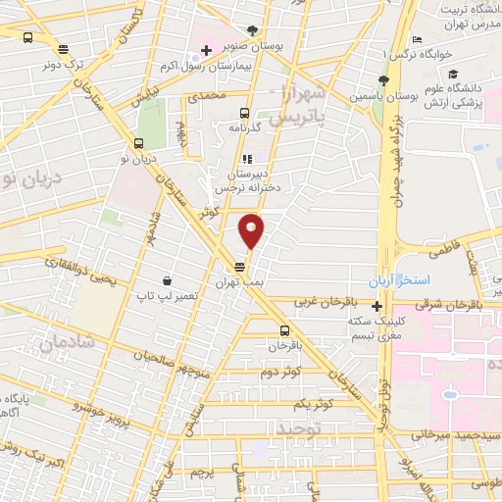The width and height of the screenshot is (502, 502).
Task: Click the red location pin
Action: pyautogui.click(x=252, y=230)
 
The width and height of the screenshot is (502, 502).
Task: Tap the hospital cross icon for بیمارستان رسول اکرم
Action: pyautogui.click(x=206, y=51)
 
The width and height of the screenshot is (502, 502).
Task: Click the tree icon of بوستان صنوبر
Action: pyautogui.click(x=253, y=31)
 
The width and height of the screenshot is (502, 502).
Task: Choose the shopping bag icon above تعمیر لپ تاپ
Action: pyautogui.click(x=168, y=279)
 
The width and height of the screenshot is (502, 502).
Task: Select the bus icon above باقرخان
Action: pyautogui.click(x=285, y=330)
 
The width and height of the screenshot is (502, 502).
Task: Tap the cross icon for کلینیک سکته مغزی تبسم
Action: pyautogui.click(x=376, y=306)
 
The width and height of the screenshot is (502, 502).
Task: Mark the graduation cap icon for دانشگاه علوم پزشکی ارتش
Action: pyautogui.click(x=452, y=74)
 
